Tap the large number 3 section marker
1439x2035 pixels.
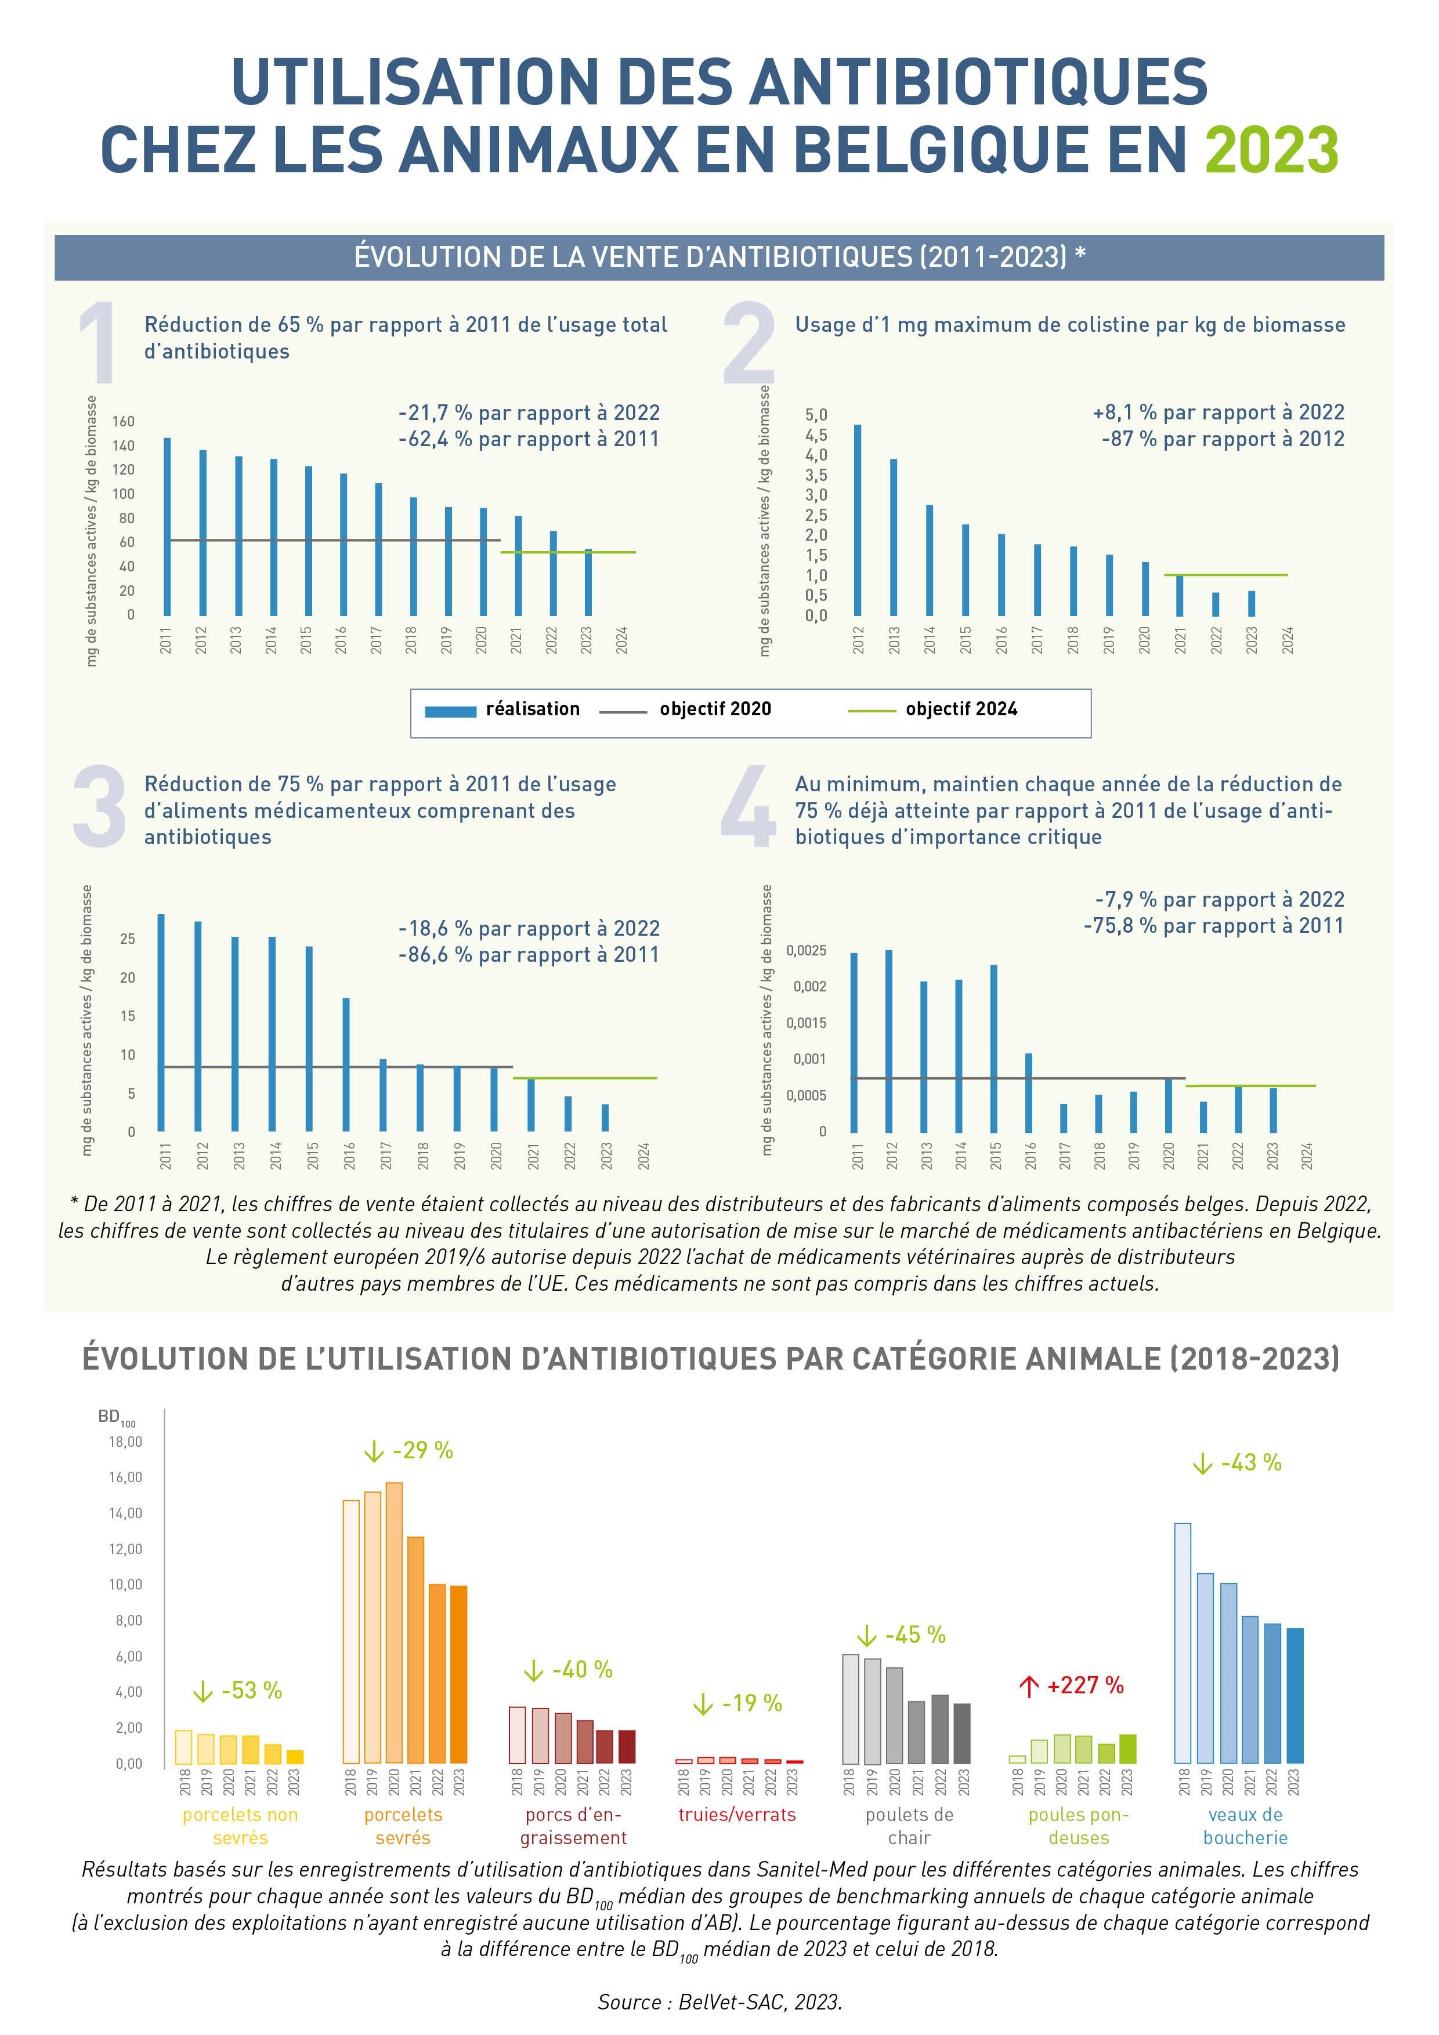tap(99, 806)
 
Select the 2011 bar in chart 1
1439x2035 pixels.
tap(168, 527)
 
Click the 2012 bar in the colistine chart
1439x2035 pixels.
tap(858, 520)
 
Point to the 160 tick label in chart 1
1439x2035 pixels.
tap(123, 421)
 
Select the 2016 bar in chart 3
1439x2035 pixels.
tap(346, 1064)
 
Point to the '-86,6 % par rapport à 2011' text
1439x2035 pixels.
tap(529, 955)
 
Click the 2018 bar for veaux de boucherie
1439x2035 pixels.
tap(1183, 1643)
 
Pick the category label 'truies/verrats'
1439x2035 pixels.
tap(737, 1815)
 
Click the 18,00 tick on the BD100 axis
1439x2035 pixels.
tap(125, 1442)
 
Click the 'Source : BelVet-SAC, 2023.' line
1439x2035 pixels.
tap(719, 2001)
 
